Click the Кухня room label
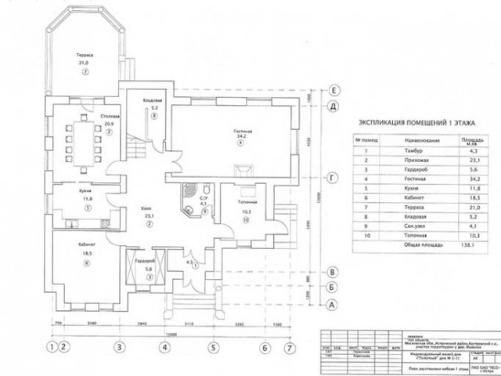[x=88, y=192]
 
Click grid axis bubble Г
[x=333, y=179]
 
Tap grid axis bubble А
[x=333, y=304]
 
